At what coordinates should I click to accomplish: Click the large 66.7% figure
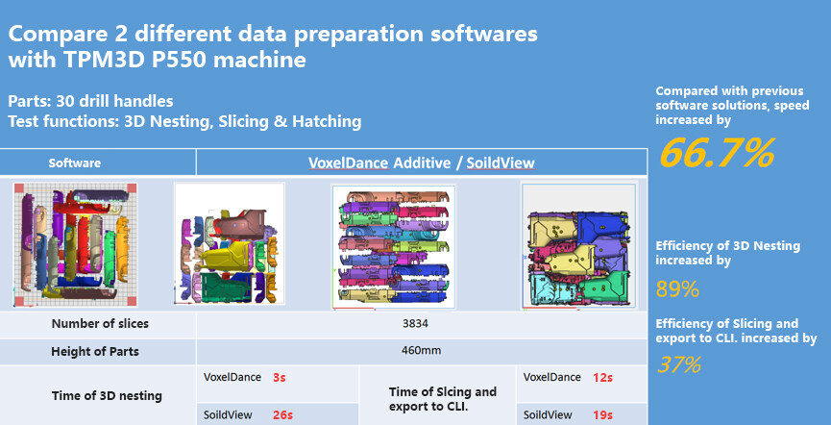pos(717,152)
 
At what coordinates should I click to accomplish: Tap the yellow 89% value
pos(678,289)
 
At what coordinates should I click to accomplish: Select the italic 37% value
pos(679,364)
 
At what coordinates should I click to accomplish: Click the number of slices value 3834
pos(415,323)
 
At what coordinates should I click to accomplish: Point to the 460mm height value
pos(422,351)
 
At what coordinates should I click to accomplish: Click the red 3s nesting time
pos(280,378)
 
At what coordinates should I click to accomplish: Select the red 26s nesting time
pos(282,415)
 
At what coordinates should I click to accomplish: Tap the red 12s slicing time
pos(602,378)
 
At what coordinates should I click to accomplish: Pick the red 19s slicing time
pos(602,415)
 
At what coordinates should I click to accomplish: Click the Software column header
pos(75,163)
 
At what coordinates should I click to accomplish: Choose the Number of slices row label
pos(100,323)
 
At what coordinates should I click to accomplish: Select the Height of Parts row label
pos(95,351)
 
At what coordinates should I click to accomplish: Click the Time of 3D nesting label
pos(107,396)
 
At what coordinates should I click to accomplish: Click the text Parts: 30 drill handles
pos(90,101)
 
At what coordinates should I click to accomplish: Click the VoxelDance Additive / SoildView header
pos(422,162)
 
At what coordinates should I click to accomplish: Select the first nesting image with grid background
pos(75,244)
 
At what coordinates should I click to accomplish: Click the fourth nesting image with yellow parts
pos(578,245)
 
